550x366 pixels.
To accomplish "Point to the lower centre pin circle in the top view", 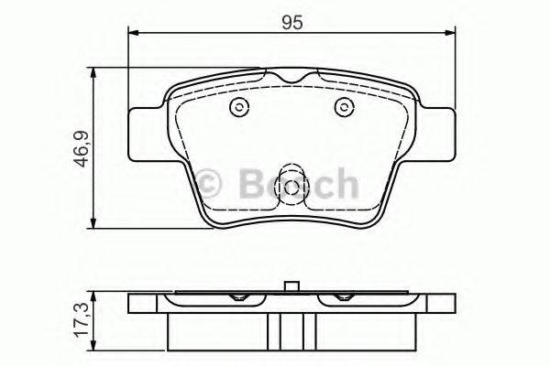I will (291, 188).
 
